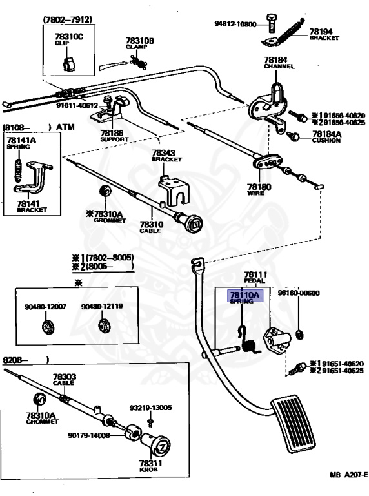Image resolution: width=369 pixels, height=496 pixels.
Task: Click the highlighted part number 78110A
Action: (x=244, y=295)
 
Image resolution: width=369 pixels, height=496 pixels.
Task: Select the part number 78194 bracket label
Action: (x=321, y=32)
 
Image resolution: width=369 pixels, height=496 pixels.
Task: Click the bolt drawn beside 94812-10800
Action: (x=270, y=23)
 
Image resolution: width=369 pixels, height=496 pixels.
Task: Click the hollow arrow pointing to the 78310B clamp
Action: (x=112, y=65)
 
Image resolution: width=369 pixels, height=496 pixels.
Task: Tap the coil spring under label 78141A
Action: (x=19, y=170)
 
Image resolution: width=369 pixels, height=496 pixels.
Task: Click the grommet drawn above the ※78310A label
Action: (x=105, y=191)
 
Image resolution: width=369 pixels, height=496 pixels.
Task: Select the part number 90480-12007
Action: (x=46, y=307)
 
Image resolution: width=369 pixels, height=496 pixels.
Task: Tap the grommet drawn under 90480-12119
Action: (x=103, y=326)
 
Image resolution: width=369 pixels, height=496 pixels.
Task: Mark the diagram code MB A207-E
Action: (x=348, y=475)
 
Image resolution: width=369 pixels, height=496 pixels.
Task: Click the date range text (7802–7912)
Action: (x=67, y=19)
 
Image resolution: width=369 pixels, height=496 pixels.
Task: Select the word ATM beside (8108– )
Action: (x=65, y=127)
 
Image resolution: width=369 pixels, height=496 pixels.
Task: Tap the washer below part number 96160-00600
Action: (x=299, y=334)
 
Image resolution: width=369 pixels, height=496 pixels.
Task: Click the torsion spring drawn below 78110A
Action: (x=248, y=340)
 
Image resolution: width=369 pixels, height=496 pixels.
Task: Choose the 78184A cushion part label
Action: (x=326, y=134)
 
